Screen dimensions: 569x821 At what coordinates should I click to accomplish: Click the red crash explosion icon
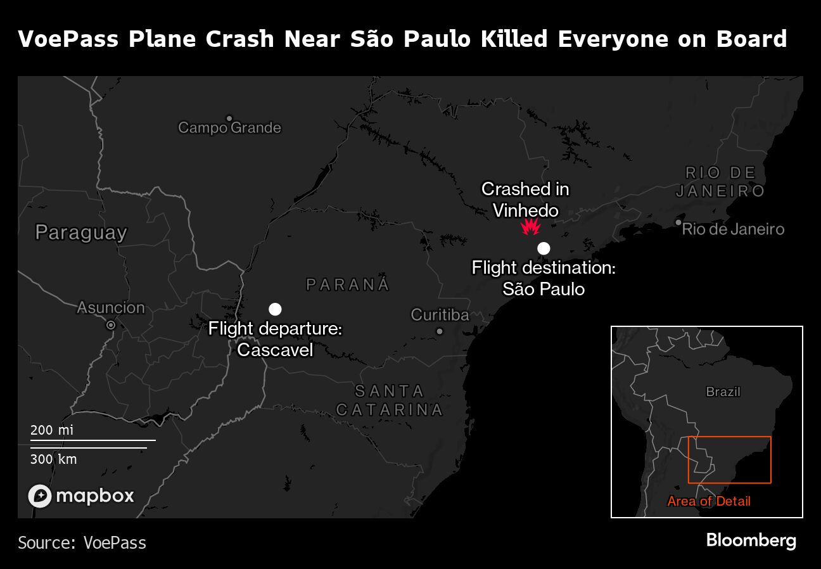click(530, 227)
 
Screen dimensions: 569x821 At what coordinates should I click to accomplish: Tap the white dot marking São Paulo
click(544, 248)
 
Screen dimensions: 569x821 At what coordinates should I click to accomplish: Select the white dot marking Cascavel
click(275, 309)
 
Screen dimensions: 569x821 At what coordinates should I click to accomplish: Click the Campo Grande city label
click(229, 127)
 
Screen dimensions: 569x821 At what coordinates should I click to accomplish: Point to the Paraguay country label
click(81, 233)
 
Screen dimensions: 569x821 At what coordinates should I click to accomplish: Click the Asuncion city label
click(111, 308)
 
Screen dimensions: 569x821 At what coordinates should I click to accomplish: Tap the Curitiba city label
click(440, 315)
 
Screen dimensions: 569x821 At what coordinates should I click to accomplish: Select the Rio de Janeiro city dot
click(678, 222)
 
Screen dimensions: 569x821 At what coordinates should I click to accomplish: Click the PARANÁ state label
click(348, 284)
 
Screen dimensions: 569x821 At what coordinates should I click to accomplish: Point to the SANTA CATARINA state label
click(389, 400)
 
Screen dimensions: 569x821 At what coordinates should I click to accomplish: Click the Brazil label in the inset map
click(723, 392)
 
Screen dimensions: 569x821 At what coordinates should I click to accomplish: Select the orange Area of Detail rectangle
click(729, 437)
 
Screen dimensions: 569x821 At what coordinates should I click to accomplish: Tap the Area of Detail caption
click(709, 501)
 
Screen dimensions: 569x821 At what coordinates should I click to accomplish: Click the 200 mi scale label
click(52, 430)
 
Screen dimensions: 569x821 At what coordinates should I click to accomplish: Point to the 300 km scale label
click(53, 459)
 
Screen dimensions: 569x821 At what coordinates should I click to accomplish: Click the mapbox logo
click(81, 495)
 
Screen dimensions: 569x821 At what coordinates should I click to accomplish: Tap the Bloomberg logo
click(751, 540)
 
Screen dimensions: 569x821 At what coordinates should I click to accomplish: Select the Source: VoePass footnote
click(82, 543)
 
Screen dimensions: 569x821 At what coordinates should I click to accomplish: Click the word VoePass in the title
click(68, 39)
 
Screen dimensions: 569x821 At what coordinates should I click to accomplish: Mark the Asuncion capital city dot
click(111, 325)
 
